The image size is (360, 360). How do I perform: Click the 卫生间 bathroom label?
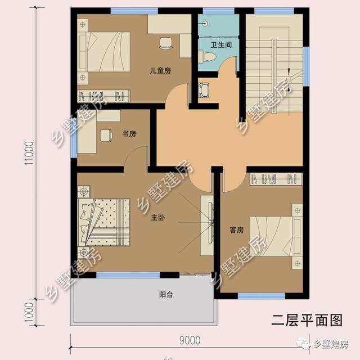[221, 45]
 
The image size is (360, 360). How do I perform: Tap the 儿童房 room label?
[160, 70]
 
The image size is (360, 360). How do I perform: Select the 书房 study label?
[129, 134]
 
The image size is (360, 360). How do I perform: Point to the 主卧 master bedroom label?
[158, 218]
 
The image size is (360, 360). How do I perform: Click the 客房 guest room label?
[236, 230]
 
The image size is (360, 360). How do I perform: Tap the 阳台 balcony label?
[166, 295]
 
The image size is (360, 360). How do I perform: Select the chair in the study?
[106, 136]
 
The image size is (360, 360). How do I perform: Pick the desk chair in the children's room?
[166, 43]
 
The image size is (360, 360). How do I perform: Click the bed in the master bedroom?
[104, 222]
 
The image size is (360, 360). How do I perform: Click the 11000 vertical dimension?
[29, 153]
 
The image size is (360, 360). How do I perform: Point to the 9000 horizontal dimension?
[190, 340]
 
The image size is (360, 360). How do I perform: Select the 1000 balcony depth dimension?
[29, 313]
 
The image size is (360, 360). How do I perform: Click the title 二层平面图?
[307, 320]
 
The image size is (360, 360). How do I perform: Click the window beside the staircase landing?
[306, 66]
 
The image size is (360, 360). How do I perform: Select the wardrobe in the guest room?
[276, 179]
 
